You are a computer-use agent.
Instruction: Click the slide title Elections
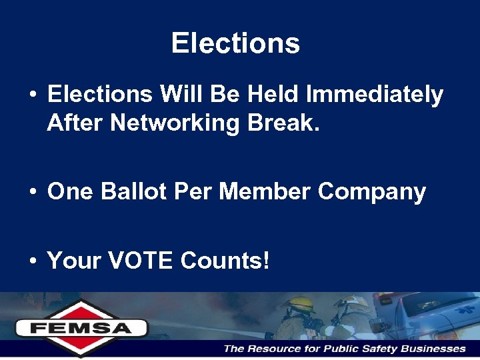pos(235,44)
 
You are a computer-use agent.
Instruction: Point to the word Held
pos(273,95)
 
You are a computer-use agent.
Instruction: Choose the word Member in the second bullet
pos(265,192)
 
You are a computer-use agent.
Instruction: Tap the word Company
pos(371,193)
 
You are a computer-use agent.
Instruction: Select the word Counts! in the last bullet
pos(225,261)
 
